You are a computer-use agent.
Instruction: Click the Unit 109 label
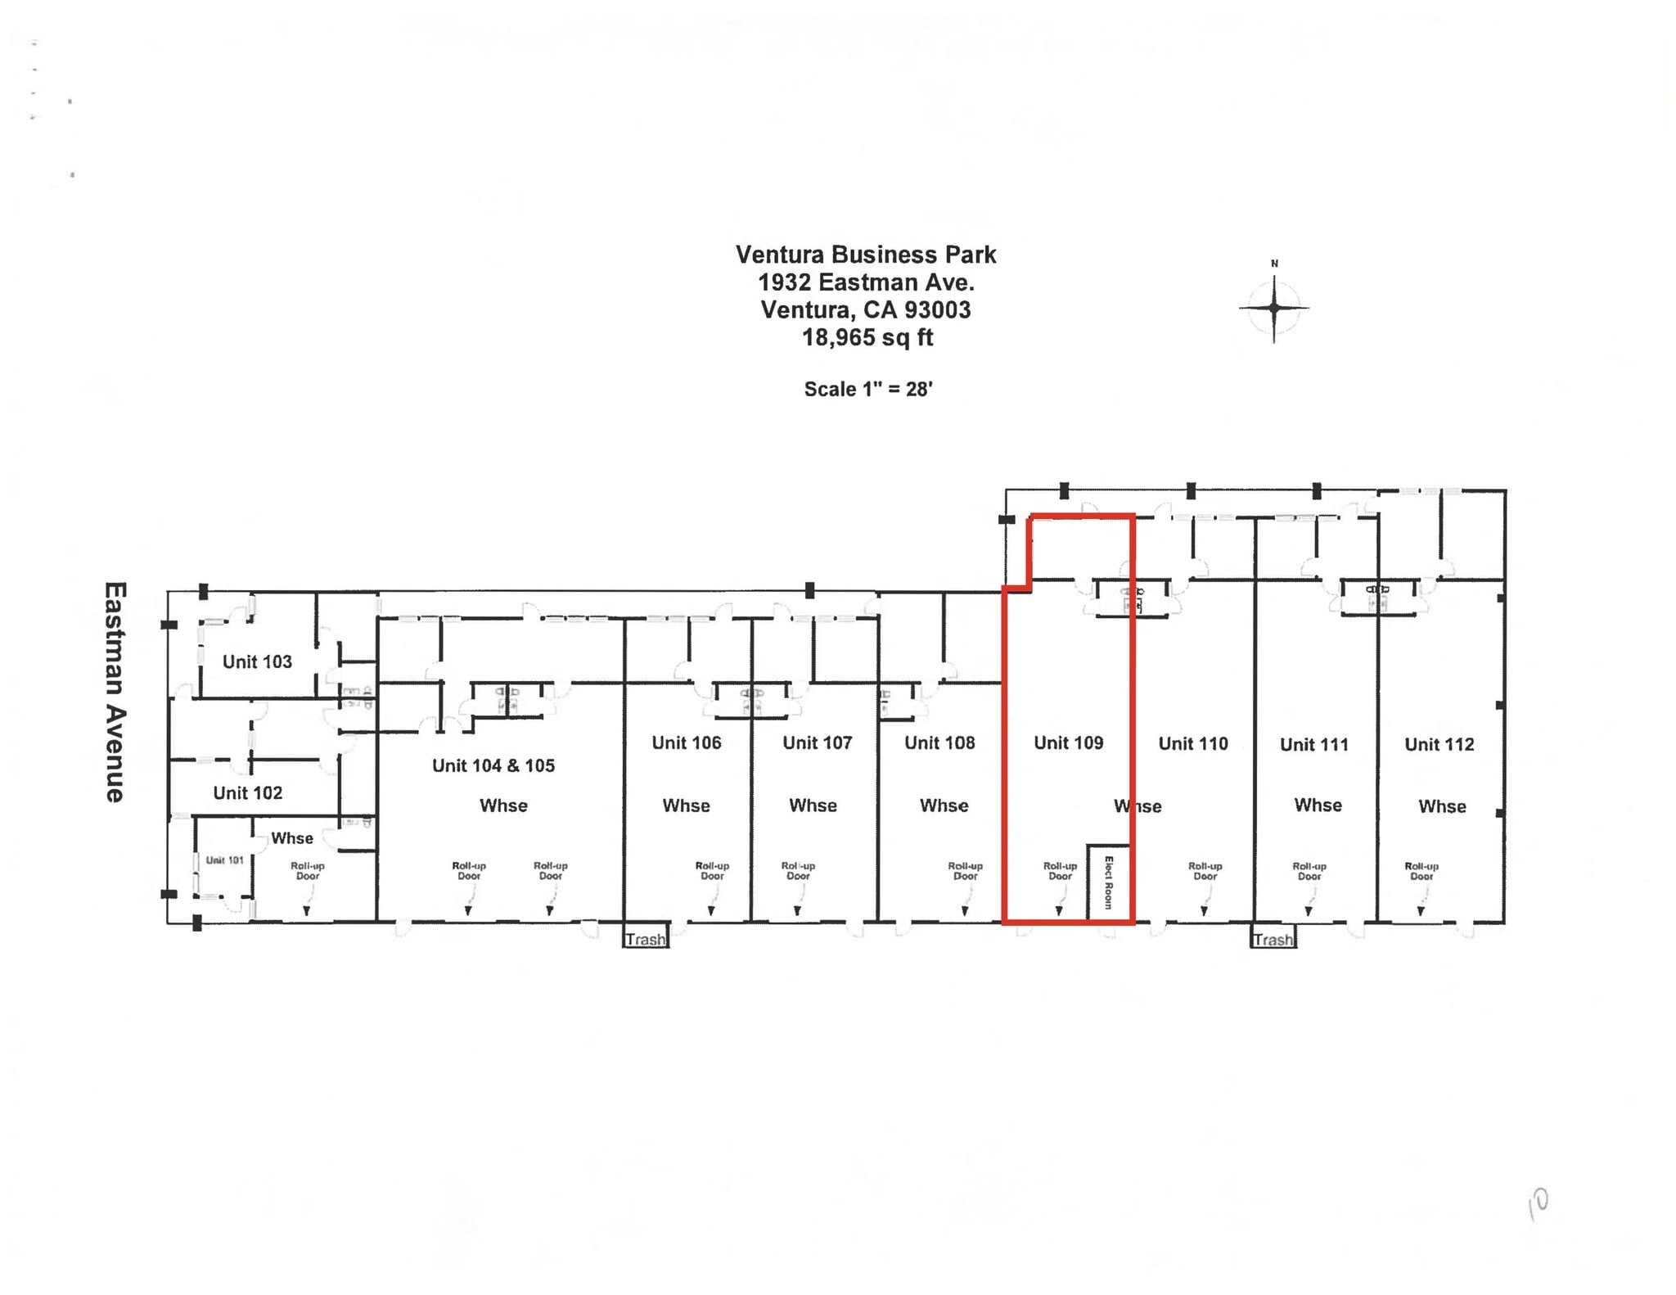tap(1068, 742)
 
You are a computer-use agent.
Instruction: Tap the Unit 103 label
tap(257, 661)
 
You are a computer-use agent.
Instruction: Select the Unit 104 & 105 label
tap(493, 765)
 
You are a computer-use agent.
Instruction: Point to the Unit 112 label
tap(1439, 744)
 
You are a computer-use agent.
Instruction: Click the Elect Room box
tap(1109, 882)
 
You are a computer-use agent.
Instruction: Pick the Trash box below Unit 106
tap(646, 938)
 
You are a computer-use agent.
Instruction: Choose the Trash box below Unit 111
tap(1273, 938)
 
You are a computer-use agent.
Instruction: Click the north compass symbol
tap(1273, 308)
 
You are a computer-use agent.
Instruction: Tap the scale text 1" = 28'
tap(867, 389)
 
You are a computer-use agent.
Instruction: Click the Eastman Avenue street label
tap(115, 693)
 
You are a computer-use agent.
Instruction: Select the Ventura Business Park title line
tap(865, 255)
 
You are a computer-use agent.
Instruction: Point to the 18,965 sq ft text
tap(867, 337)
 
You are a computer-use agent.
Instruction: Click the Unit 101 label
tap(224, 860)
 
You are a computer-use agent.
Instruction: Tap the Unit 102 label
tap(247, 792)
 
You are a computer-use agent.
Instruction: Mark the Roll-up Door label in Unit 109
tap(1060, 870)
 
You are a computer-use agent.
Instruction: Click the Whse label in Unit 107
tap(813, 805)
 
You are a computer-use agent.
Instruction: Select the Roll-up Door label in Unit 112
tap(1421, 870)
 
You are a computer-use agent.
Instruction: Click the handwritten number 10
tap(1538, 1204)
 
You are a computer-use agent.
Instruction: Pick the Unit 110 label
tap(1193, 743)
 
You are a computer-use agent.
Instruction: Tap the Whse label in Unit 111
tap(1318, 805)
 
